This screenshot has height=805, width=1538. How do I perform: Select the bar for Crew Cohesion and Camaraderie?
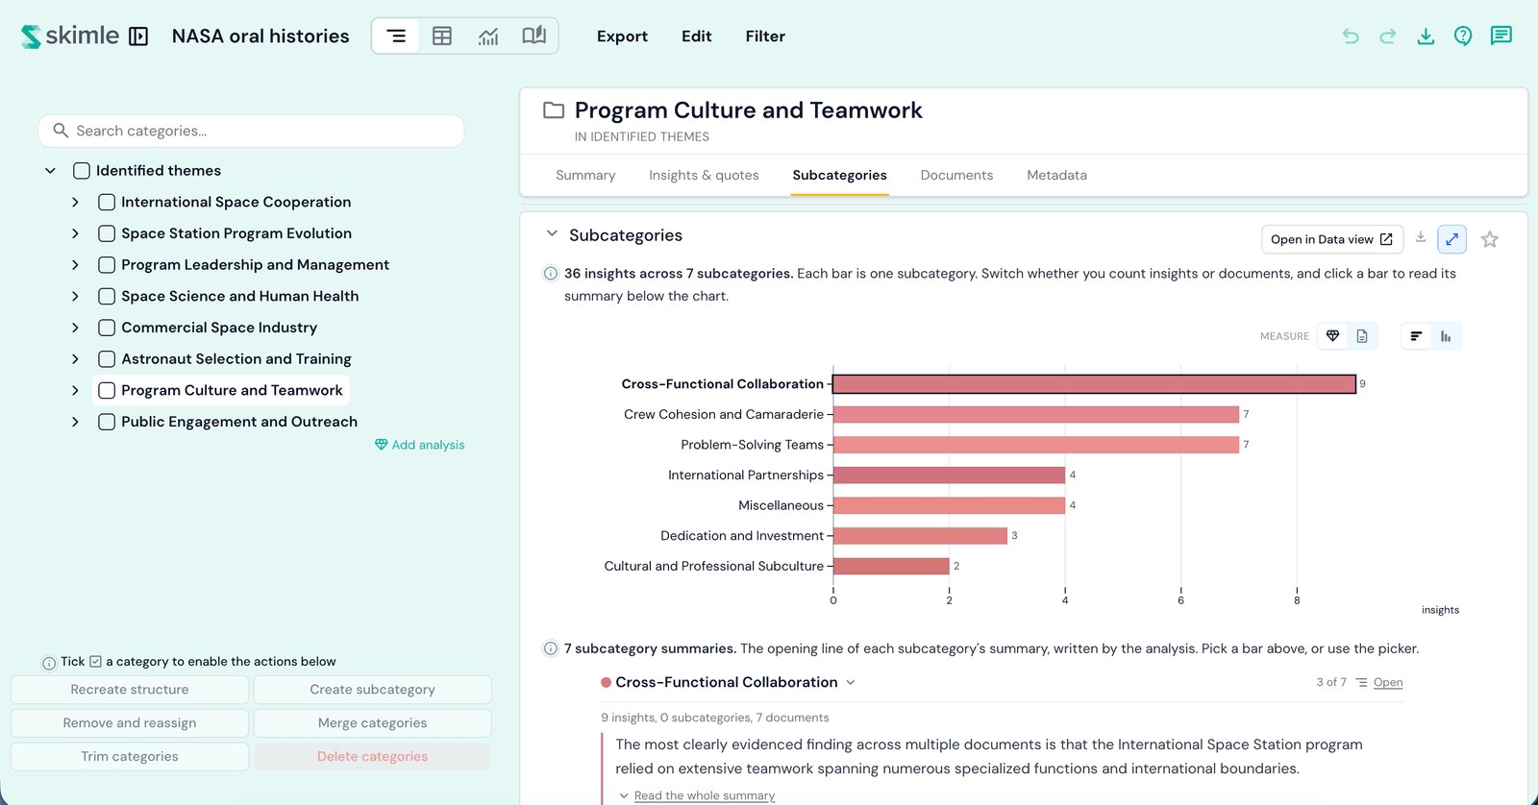1036,414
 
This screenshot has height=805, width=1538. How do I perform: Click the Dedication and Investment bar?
920,535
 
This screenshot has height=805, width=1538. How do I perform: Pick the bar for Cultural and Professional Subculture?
891,566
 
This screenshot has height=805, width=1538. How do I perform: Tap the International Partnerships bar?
949,475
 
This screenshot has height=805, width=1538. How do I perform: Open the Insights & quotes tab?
704,175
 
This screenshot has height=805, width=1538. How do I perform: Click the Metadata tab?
1056,175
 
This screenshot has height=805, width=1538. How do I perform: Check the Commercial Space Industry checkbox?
107,328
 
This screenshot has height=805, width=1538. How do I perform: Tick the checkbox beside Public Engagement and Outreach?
107,422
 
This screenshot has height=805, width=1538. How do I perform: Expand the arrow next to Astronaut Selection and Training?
76,359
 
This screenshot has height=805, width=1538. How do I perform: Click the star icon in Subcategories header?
1489,239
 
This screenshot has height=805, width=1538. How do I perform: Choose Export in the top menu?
622,36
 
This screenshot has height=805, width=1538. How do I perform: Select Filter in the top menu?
765,36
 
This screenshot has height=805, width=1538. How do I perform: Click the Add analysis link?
419,445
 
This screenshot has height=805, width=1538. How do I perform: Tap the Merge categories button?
372,722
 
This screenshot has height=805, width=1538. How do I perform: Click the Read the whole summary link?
705,795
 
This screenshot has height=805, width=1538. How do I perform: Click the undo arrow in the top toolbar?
1351,36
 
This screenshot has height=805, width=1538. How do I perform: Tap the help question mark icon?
1463,36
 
